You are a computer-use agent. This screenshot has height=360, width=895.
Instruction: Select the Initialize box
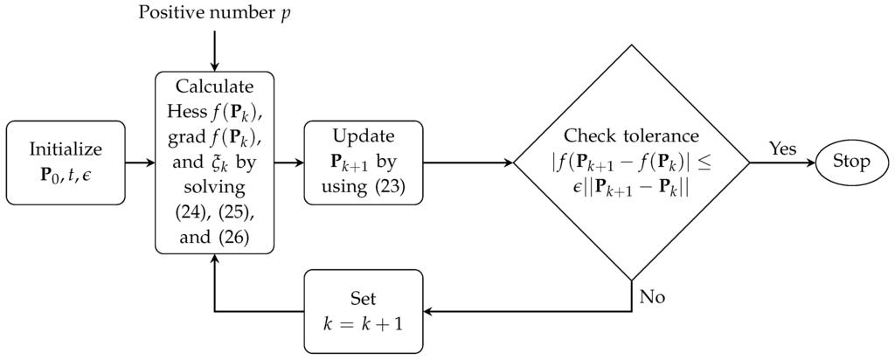(66, 163)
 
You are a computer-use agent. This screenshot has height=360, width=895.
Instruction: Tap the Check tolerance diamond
(631, 163)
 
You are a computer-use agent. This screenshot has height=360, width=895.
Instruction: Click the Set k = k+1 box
(363, 311)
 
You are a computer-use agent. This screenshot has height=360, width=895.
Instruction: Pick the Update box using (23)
(363, 163)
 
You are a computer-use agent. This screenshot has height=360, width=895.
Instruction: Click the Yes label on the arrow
(782, 148)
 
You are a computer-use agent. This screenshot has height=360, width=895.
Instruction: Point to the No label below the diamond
(652, 297)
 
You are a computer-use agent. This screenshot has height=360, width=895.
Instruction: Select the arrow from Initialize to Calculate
(139, 163)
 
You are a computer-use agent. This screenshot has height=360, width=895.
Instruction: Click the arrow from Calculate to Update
(288, 163)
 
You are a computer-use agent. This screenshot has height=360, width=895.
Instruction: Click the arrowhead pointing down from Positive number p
(214, 66)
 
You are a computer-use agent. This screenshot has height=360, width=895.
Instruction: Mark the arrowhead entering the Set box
(428, 311)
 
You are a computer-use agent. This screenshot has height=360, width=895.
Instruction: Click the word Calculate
(214, 87)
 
